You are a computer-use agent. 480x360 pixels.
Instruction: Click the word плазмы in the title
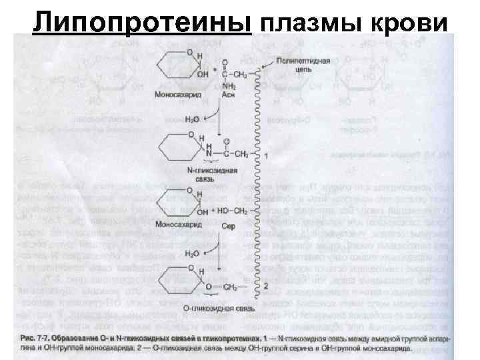click(x=312, y=22)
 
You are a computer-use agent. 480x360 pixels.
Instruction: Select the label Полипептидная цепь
click(x=309, y=65)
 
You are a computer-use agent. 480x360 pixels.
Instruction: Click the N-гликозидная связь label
click(x=195, y=171)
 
